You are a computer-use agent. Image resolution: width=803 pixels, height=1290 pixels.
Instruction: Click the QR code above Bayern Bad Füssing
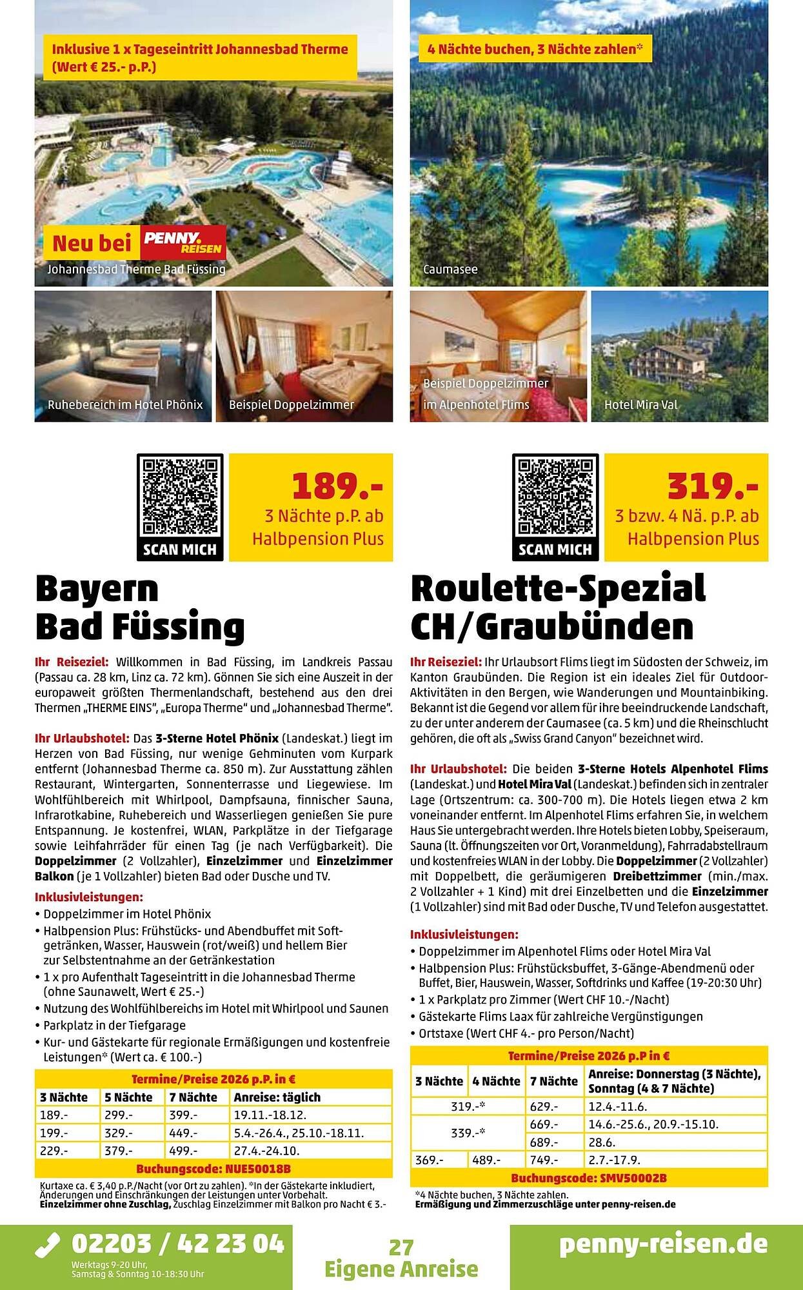(x=180, y=496)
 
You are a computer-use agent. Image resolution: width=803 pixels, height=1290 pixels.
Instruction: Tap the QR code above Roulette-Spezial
(x=555, y=496)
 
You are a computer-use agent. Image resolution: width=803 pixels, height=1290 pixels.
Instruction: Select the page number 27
(x=401, y=1247)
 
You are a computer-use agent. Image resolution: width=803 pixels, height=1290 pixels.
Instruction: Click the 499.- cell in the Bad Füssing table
(x=184, y=1151)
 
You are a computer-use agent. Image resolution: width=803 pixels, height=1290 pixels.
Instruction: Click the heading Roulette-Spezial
(x=558, y=588)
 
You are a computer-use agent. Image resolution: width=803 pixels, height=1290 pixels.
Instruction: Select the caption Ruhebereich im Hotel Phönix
(x=125, y=405)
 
